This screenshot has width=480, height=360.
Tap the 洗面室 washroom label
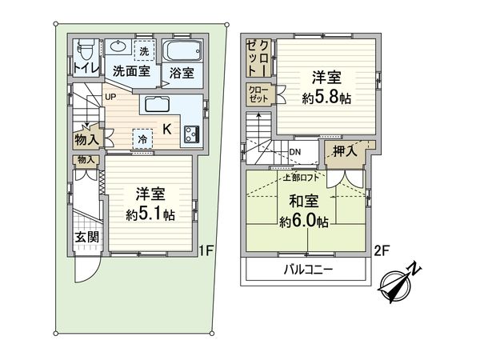tap(130, 70)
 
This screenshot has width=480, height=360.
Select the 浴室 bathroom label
tap(181, 73)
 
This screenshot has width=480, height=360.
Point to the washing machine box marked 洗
tap(143, 50)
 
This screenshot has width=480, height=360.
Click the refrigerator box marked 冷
tap(142, 138)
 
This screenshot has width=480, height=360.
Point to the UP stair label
tap(110, 98)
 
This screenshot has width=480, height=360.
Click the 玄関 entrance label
tap(86, 237)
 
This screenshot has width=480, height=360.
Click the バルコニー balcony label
tap(307, 269)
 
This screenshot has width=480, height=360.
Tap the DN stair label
tap(295, 152)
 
